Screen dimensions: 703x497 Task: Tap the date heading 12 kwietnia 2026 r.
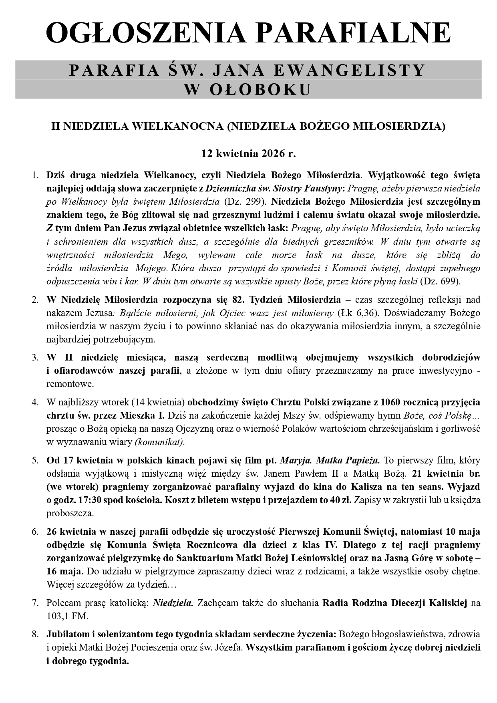[x=248, y=153]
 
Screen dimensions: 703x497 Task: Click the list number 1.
[x=35, y=175]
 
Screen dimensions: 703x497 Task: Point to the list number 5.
[x=35, y=460]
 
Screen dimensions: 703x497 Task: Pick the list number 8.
[x=35, y=634]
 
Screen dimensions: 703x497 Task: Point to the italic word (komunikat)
[x=160, y=442]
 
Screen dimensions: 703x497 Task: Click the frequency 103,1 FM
[x=67, y=616]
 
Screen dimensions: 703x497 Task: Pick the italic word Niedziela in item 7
[x=173, y=602]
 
